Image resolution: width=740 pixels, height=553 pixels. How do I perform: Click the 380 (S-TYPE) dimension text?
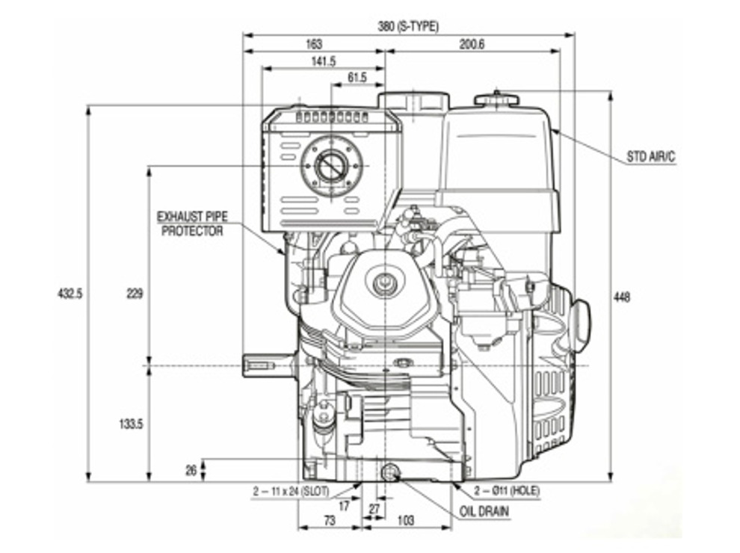[x=408, y=26]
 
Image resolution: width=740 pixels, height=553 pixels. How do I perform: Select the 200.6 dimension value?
[x=472, y=44]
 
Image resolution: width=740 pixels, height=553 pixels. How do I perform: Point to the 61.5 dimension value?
[x=357, y=78]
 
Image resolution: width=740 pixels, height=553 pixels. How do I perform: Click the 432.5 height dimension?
[x=70, y=294]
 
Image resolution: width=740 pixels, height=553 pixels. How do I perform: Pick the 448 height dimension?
[x=621, y=297]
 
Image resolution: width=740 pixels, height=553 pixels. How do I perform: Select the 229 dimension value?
[x=135, y=294]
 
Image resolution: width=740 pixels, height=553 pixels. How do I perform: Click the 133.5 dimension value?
[x=131, y=424]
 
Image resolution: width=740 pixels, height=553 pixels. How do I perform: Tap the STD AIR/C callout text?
[x=650, y=158]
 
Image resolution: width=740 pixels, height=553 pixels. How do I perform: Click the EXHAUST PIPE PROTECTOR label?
[x=192, y=223]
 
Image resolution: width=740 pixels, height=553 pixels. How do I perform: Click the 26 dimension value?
[x=191, y=470]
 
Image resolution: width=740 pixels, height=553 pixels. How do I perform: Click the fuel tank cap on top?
[x=497, y=98]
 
